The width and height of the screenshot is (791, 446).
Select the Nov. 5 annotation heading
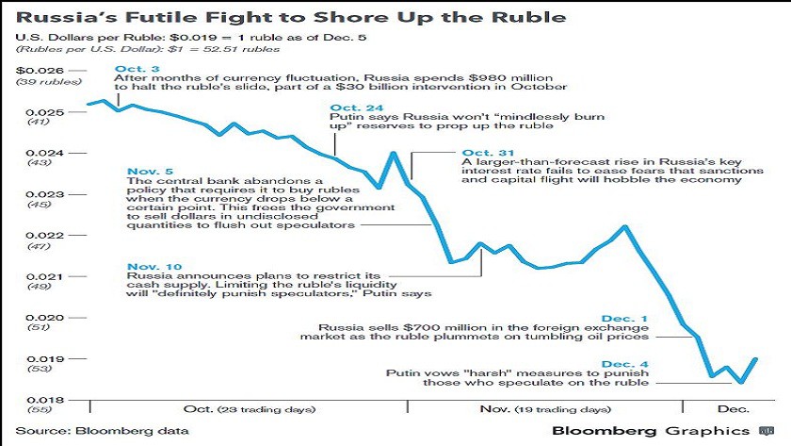coord(148,170)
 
